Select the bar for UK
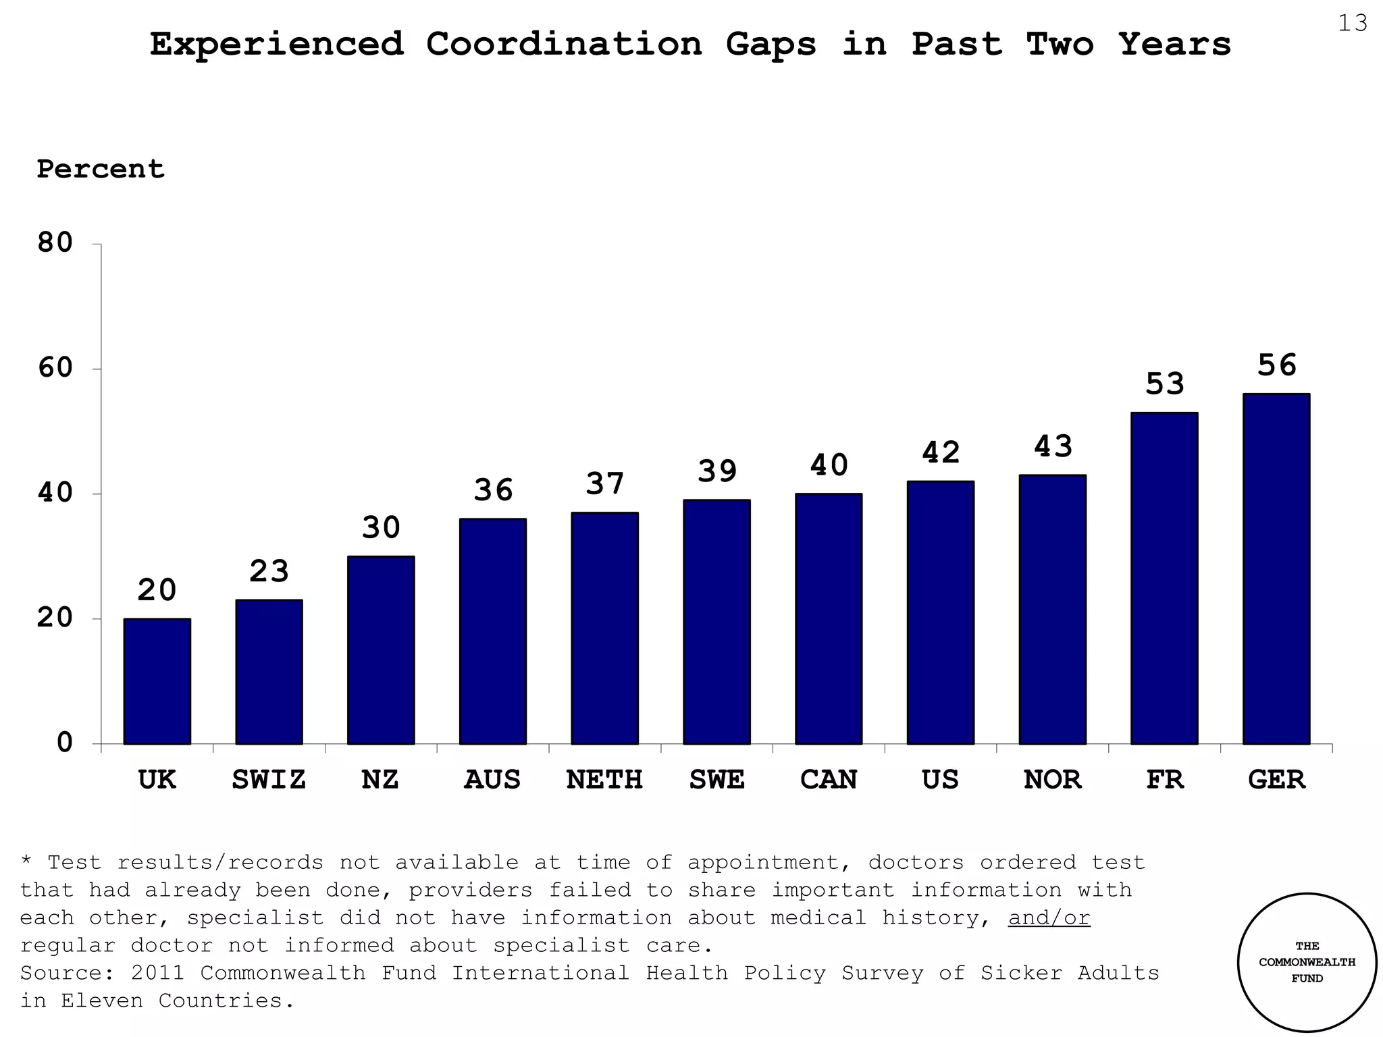[157, 681]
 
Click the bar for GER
[1276, 568]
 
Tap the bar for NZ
[381, 649]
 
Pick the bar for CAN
[829, 618]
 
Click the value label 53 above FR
[1165, 384]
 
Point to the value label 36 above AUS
[493, 490]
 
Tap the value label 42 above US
[941, 452]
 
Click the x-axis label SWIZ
[269, 780]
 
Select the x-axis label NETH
[604, 780]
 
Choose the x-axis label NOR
[1052, 780]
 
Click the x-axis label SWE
[716, 780]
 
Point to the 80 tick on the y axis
[55, 243]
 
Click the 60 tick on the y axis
[55, 369]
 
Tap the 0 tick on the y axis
[65, 743]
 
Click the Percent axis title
[101, 169]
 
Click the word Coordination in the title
[564, 45]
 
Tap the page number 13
[1352, 24]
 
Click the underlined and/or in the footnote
[1049, 918]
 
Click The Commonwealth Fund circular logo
[1307, 962]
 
